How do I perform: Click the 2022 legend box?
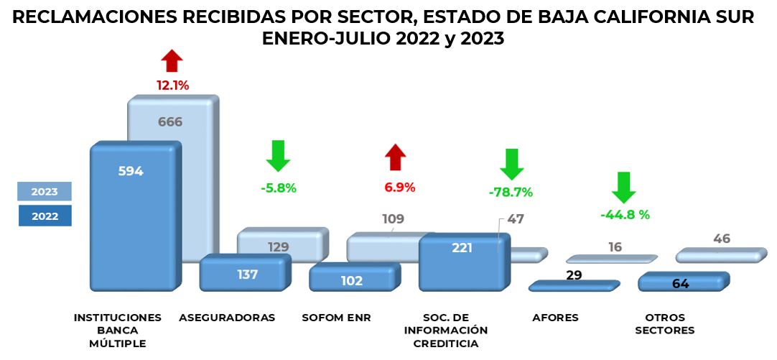pyautogui.click(x=45, y=216)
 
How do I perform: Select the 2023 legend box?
pyautogui.click(x=45, y=192)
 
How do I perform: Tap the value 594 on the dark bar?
pyautogui.click(x=131, y=171)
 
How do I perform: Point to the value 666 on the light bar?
pyautogui.click(x=169, y=121)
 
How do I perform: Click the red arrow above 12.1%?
pyautogui.click(x=172, y=61)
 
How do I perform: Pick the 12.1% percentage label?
pyautogui.click(x=172, y=86)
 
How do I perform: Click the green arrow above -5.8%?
pyautogui.click(x=278, y=155)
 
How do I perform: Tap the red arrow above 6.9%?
pyautogui.click(x=396, y=157)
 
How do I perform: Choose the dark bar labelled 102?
pyautogui.click(x=352, y=280)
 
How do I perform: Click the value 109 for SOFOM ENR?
pyautogui.click(x=392, y=219)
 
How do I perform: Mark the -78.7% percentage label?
pyautogui.click(x=511, y=192)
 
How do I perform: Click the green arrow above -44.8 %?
pyautogui.click(x=624, y=188)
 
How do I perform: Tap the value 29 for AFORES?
pyautogui.click(x=574, y=274)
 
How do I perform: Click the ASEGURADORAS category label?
pyautogui.click(x=227, y=318)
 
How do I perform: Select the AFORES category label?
pyautogui.click(x=555, y=318)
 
